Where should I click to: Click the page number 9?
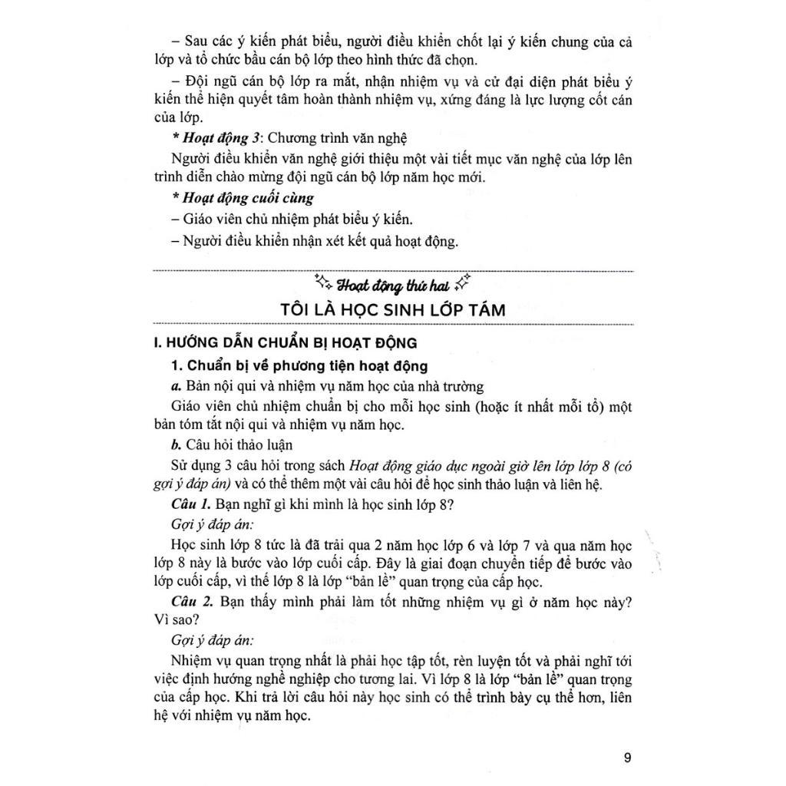point(628,759)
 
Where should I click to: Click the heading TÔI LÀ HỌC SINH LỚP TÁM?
point(394,311)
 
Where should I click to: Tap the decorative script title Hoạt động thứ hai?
point(392,286)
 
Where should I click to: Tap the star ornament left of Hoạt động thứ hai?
point(324,284)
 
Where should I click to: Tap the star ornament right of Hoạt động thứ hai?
point(461,284)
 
